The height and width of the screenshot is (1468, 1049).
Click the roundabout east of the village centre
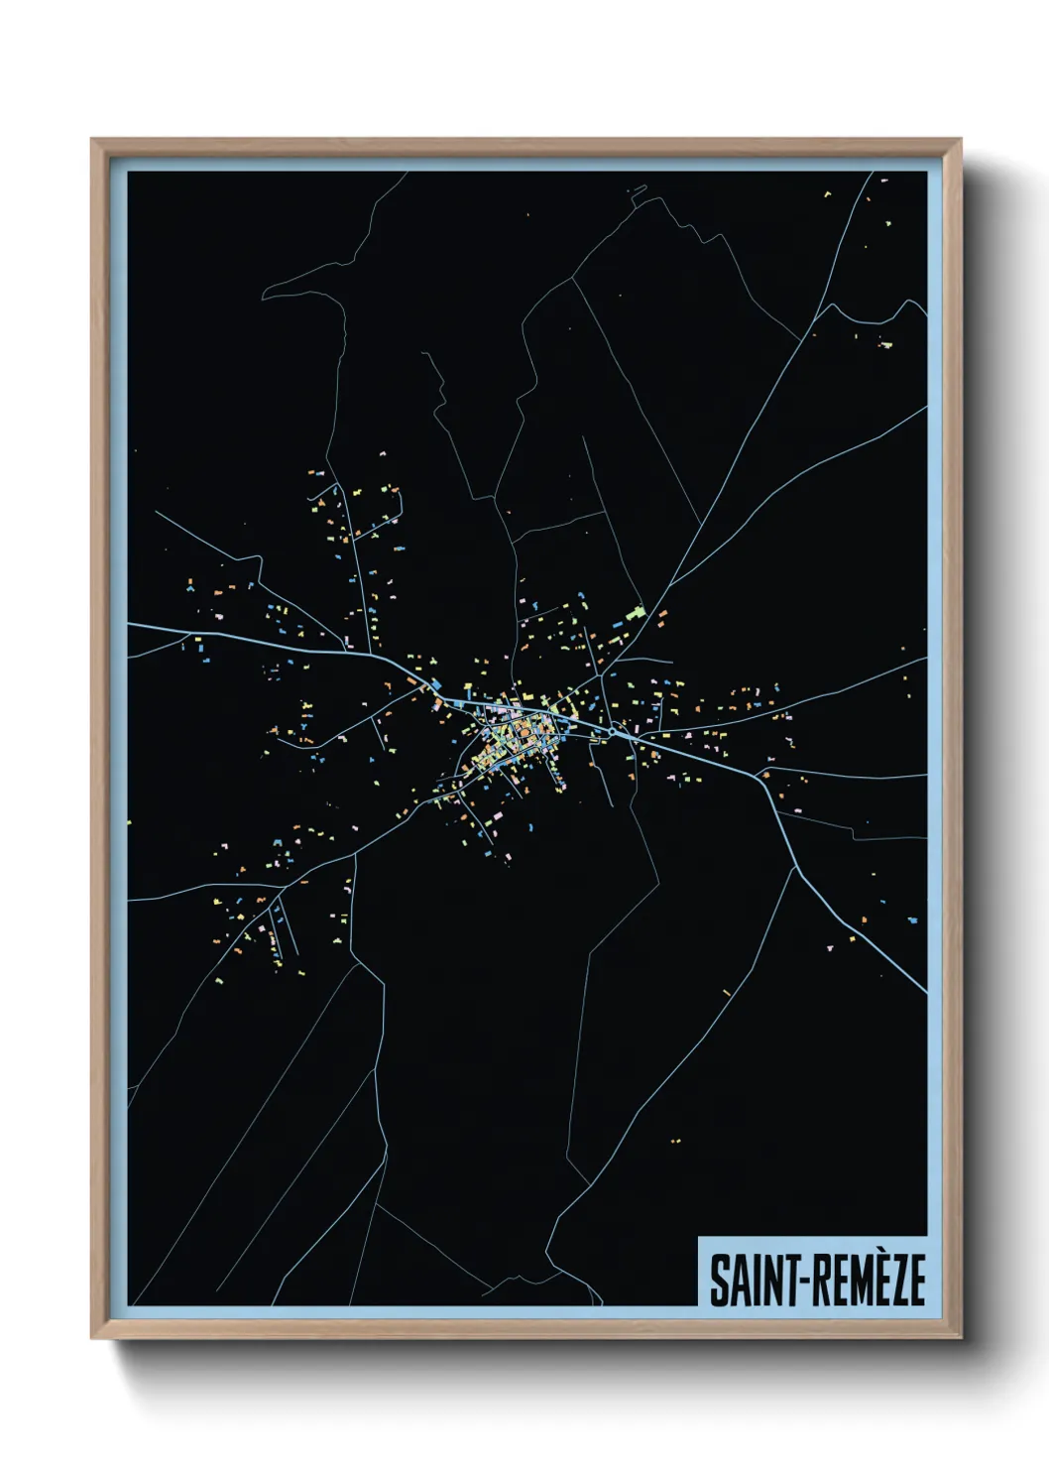(x=617, y=732)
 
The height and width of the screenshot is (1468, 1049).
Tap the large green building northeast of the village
(x=636, y=612)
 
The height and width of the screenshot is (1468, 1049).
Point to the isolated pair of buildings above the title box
(x=675, y=1141)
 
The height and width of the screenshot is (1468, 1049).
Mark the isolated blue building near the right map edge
(x=912, y=920)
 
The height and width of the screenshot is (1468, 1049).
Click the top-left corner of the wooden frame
(x=92, y=140)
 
